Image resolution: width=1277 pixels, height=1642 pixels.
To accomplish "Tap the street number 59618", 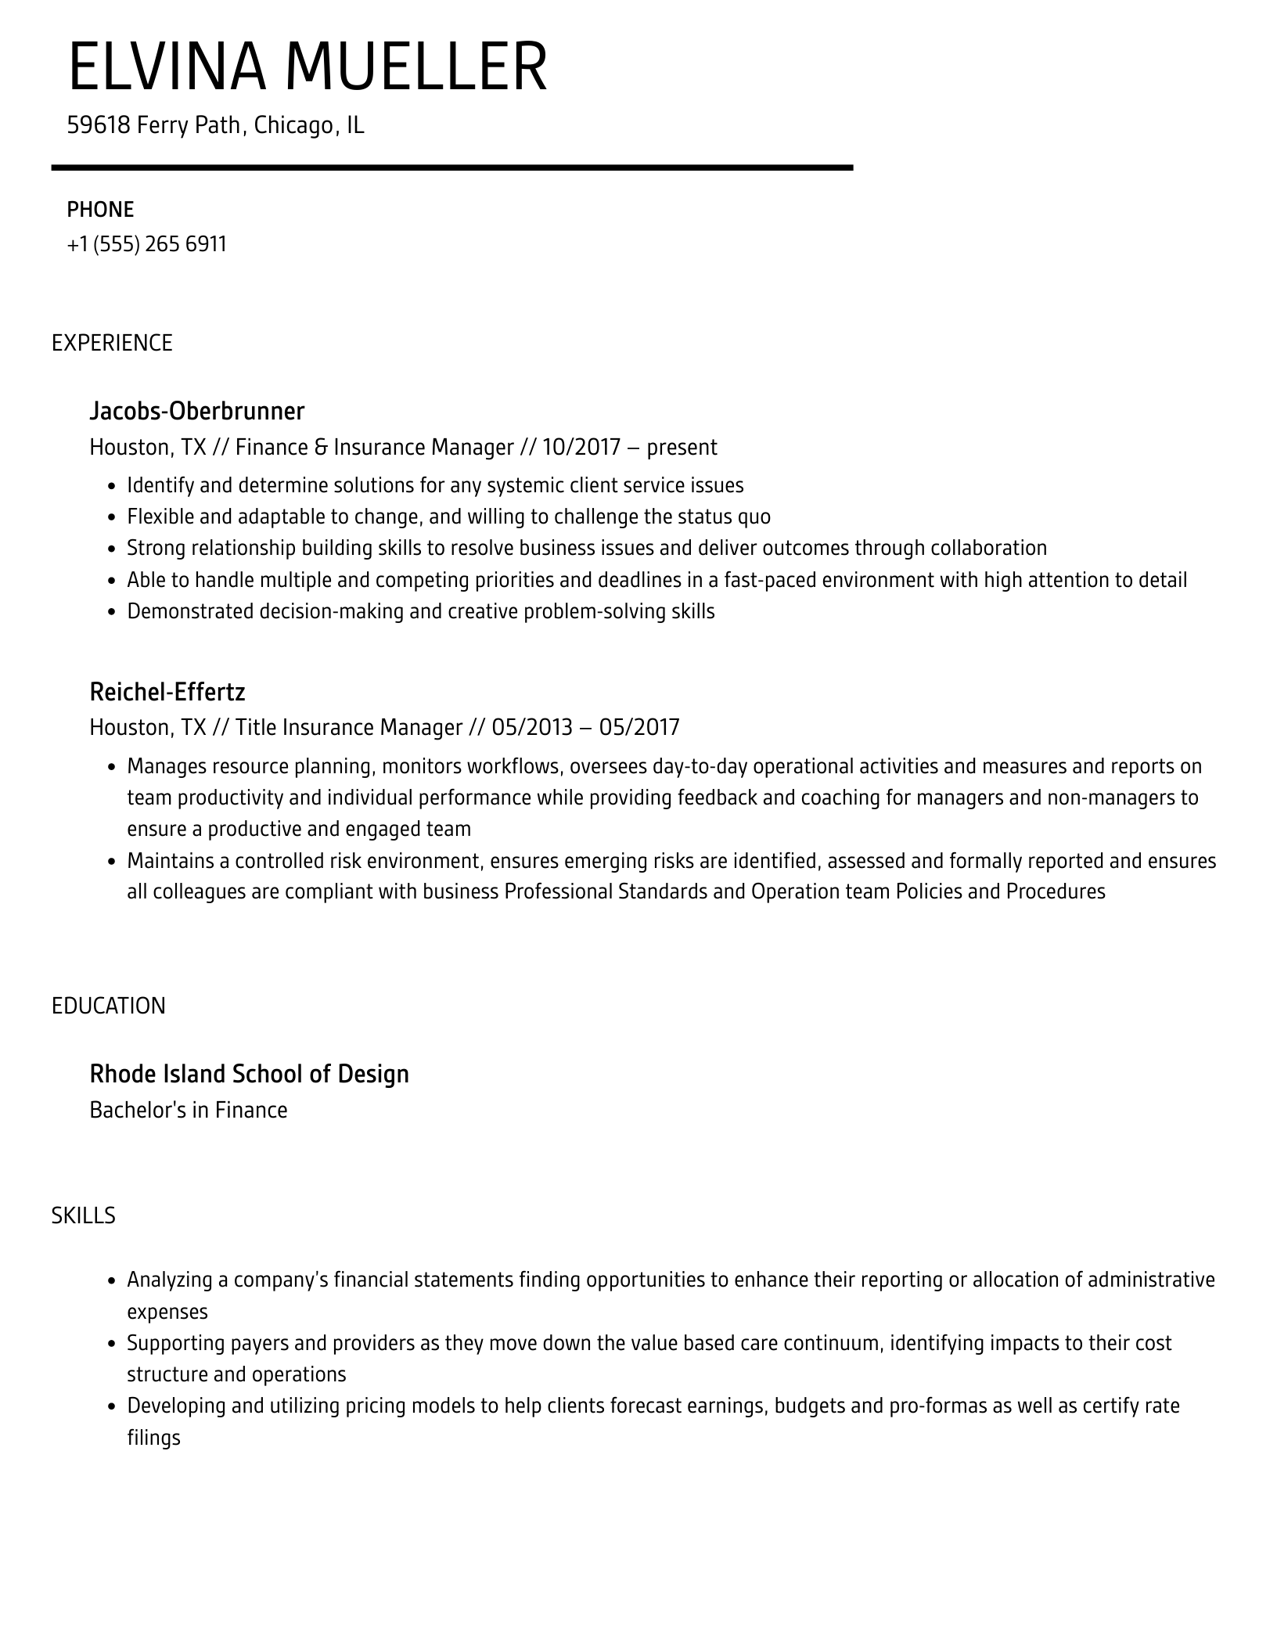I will (x=98, y=125).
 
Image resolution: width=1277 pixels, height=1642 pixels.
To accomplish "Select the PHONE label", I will (x=100, y=210).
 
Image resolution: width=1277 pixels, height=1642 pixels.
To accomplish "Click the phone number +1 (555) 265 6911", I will (x=147, y=244).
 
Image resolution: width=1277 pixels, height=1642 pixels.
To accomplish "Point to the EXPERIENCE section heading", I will (x=112, y=343).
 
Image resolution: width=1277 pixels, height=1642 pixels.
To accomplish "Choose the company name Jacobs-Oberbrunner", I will (x=196, y=411).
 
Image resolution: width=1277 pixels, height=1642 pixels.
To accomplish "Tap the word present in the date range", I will (x=682, y=448).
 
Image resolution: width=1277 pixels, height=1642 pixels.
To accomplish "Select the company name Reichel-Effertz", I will (x=167, y=692).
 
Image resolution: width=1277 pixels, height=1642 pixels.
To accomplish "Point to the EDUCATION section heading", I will (x=109, y=1006).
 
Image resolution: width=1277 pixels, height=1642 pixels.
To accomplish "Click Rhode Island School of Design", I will (x=249, y=1074).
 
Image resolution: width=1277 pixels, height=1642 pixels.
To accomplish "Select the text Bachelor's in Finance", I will (x=189, y=1110).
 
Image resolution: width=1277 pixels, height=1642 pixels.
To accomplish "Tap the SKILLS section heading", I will (x=84, y=1215).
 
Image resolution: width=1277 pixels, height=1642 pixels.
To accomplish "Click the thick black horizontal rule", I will (x=451, y=167).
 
